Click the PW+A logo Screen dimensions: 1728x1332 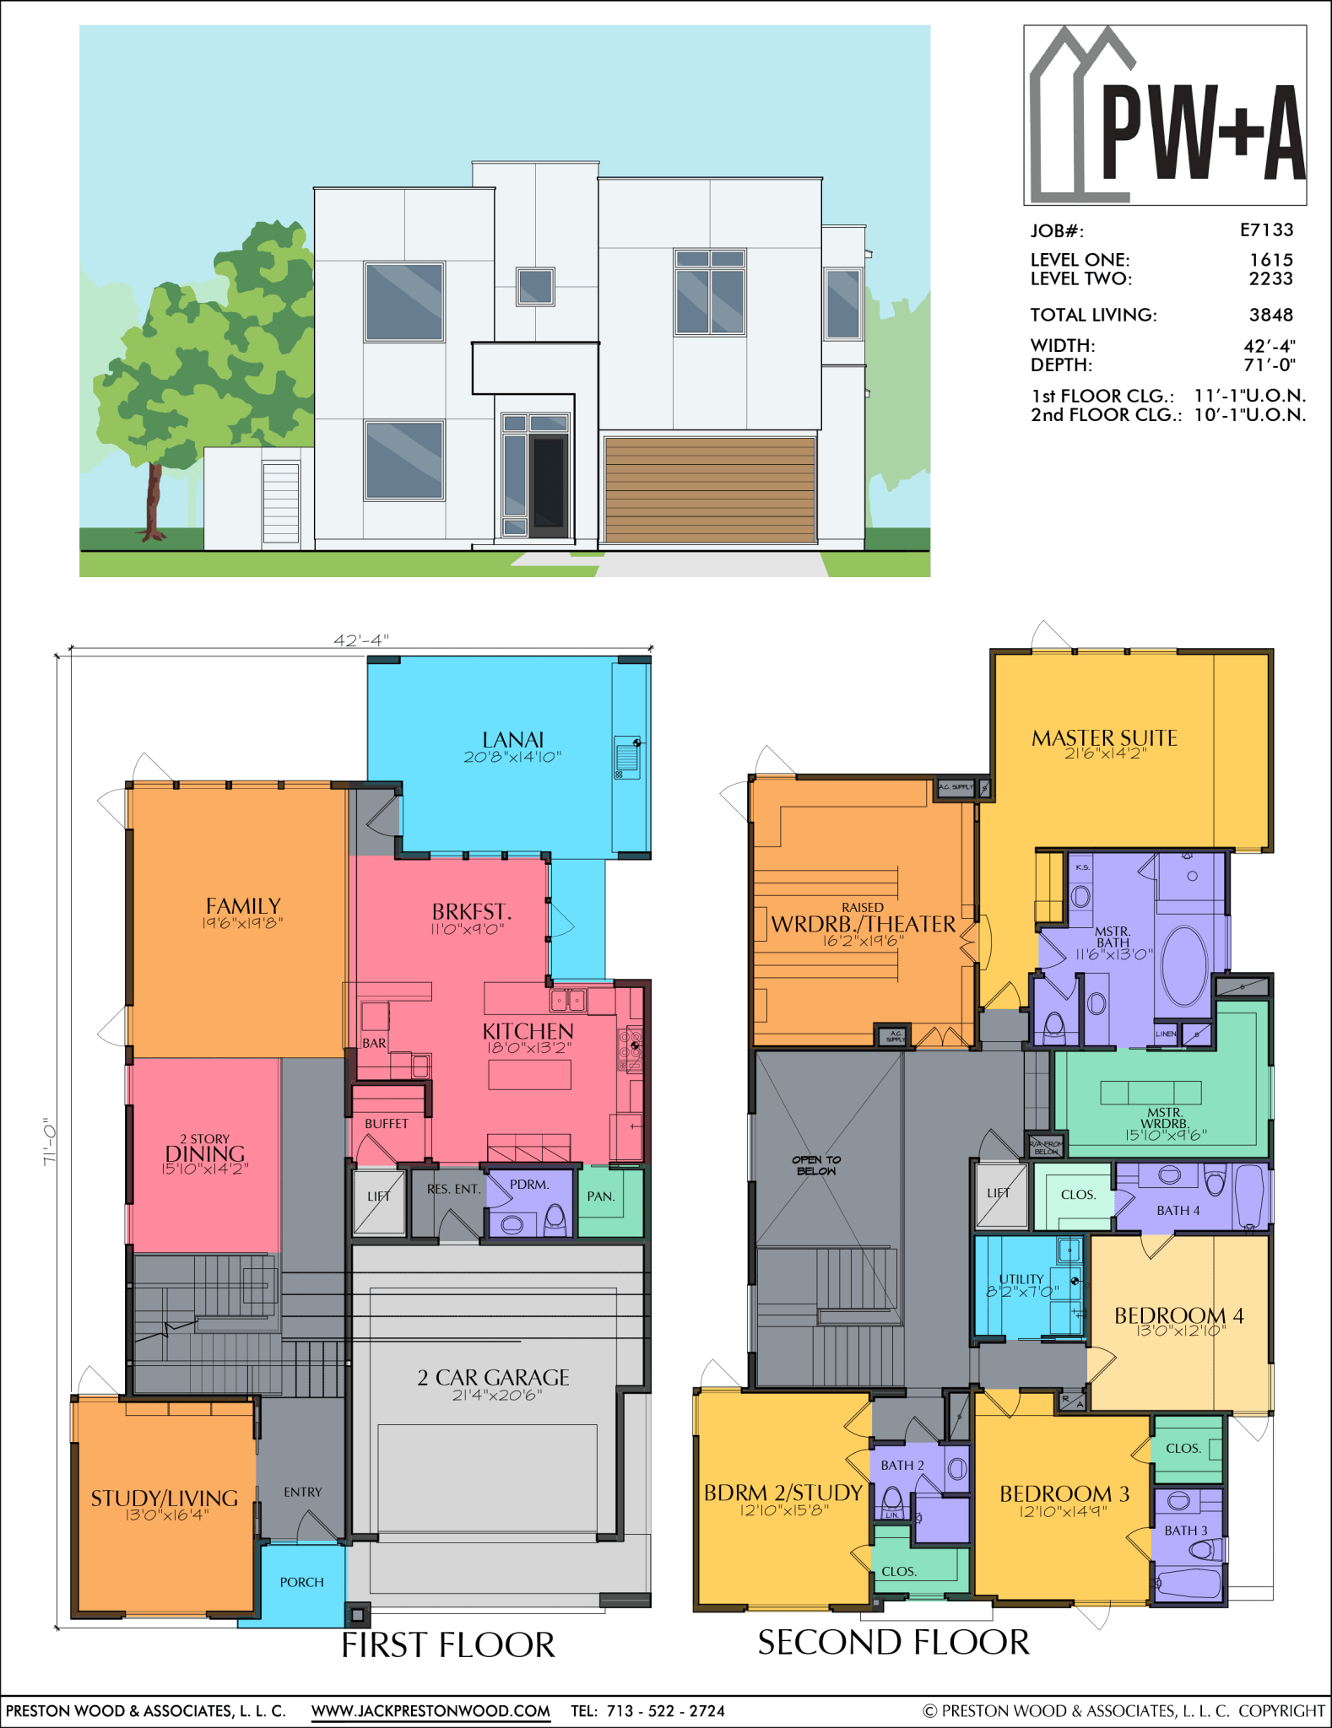(1165, 116)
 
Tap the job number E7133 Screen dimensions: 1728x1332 (1266, 230)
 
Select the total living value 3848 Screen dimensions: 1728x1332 (1270, 315)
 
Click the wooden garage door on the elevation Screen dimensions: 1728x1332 (709, 489)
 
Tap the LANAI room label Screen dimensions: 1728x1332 (512, 740)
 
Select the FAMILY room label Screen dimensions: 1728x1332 (243, 906)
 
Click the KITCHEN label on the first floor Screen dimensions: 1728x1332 (528, 1031)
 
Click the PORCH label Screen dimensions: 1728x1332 (301, 1582)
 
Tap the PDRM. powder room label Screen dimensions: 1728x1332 (529, 1185)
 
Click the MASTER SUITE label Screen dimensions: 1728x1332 (1104, 738)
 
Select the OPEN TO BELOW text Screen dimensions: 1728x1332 (815, 1165)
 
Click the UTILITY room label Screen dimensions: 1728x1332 (1021, 1279)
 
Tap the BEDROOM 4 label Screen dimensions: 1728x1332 (1178, 1316)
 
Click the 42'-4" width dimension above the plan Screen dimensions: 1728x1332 (360, 640)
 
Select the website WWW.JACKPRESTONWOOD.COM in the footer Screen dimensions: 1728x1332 (430, 1710)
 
